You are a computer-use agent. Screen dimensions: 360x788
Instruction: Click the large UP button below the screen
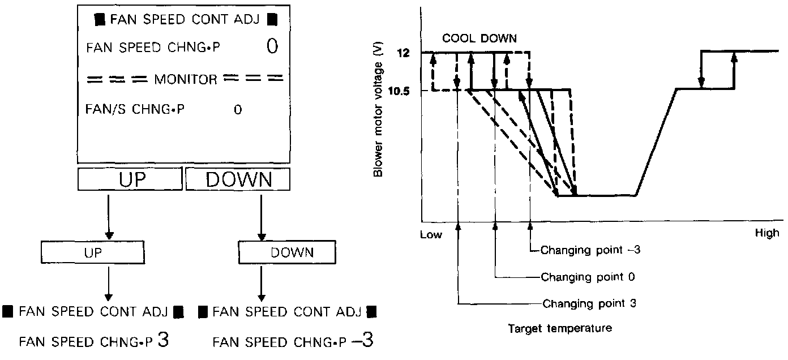(130, 180)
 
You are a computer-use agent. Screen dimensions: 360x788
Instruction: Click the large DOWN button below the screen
(238, 180)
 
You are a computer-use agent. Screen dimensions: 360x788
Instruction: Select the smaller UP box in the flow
(93, 252)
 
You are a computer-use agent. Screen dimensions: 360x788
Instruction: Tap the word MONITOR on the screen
(185, 80)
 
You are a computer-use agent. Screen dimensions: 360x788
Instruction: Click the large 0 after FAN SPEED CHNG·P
(272, 46)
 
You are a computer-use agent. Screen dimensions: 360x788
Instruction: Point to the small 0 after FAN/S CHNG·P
(238, 110)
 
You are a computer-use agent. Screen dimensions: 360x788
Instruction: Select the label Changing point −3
(590, 249)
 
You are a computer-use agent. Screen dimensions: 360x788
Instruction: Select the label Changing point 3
(589, 303)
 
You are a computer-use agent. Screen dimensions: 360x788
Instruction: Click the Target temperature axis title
(559, 328)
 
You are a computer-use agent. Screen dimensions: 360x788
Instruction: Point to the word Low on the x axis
(431, 234)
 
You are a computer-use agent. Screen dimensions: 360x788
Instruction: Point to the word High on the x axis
(767, 233)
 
